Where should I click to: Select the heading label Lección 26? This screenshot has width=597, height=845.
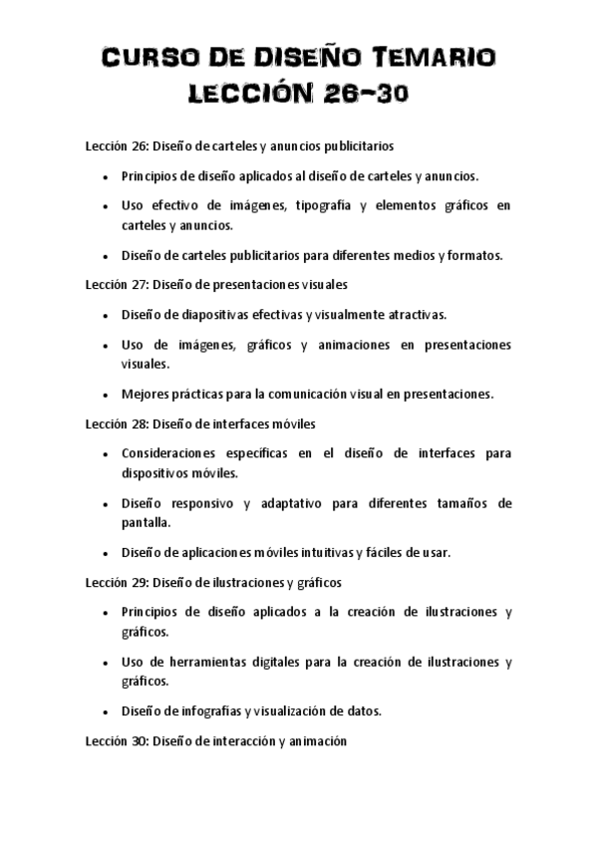[116, 145]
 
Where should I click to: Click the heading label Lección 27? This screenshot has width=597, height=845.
[116, 284]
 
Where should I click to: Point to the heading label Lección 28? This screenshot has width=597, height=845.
[116, 422]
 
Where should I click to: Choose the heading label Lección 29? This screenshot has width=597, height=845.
[116, 581]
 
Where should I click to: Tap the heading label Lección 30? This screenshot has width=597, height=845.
[116, 740]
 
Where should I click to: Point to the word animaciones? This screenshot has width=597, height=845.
[339, 344]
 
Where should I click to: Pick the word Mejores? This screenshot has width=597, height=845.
[145, 394]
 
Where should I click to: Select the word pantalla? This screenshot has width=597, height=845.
[146, 521]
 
